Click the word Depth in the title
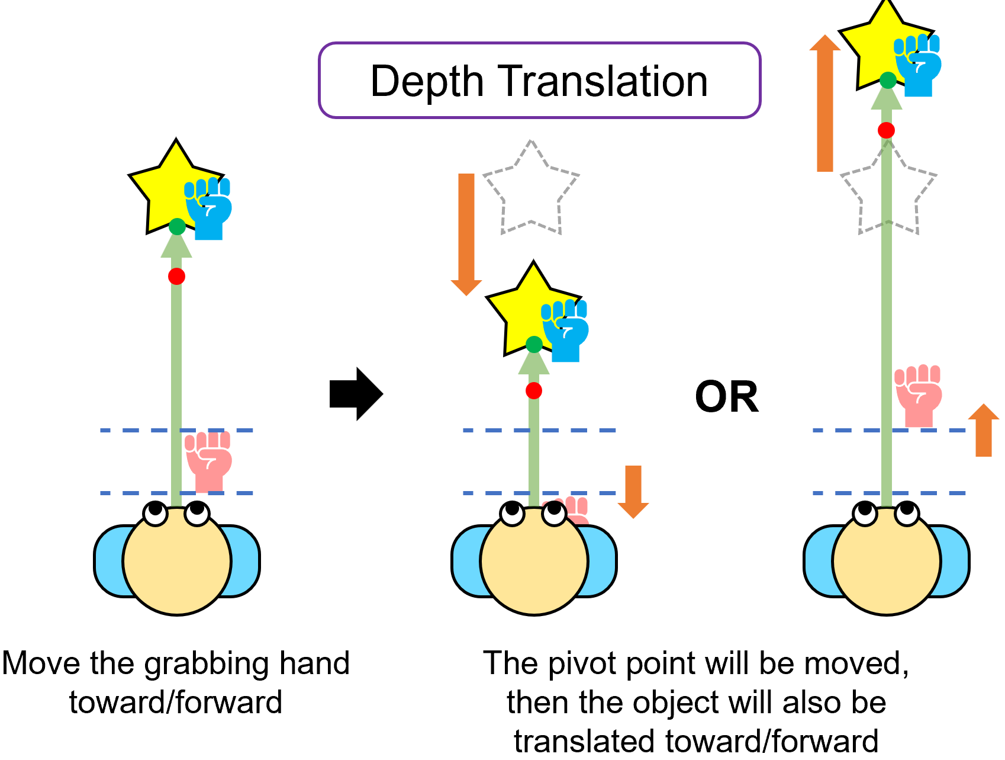coord(427,82)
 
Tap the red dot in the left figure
coord(176,276)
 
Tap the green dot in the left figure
coord(177,226)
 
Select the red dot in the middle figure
coord(533,390)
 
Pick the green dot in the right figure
coord(888,80)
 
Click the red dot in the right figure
coord(886,130)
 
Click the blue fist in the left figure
coord(208,209)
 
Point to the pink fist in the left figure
coord(208,461)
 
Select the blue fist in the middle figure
coord(565,331)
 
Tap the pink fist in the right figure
coord(919,395)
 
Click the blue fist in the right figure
coord(918,65)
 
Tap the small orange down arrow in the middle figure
coord(633,492)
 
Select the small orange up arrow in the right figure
coord(984,430)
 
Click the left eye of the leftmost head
coord(156,513)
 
